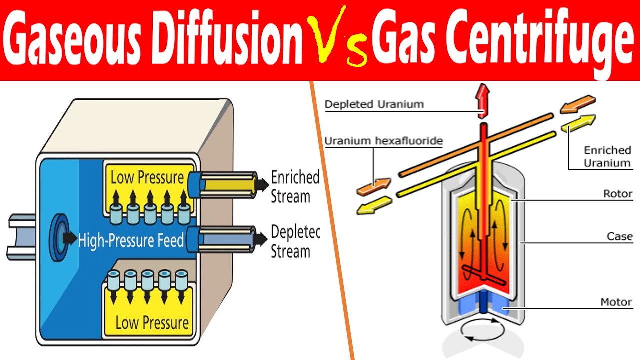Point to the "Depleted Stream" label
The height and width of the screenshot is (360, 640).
click(x=295, y=241)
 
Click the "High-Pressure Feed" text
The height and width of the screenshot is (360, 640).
click(x=131, y=241)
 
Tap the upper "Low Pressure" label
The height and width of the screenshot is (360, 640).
click(x=147, y=177)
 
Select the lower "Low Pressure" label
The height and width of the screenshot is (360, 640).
click(x=152, y=322)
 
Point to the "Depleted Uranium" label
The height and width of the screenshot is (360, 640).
click(x=374, y=104)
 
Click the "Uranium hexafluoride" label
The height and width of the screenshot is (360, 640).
click(x=383, y=141)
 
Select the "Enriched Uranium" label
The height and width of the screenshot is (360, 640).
click(x=607, y=156)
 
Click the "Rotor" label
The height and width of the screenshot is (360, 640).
click(x=618, y=194)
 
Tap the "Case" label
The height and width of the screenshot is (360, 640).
click(x=619, y=236)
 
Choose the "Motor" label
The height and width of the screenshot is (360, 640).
click(x=616, y=302)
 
